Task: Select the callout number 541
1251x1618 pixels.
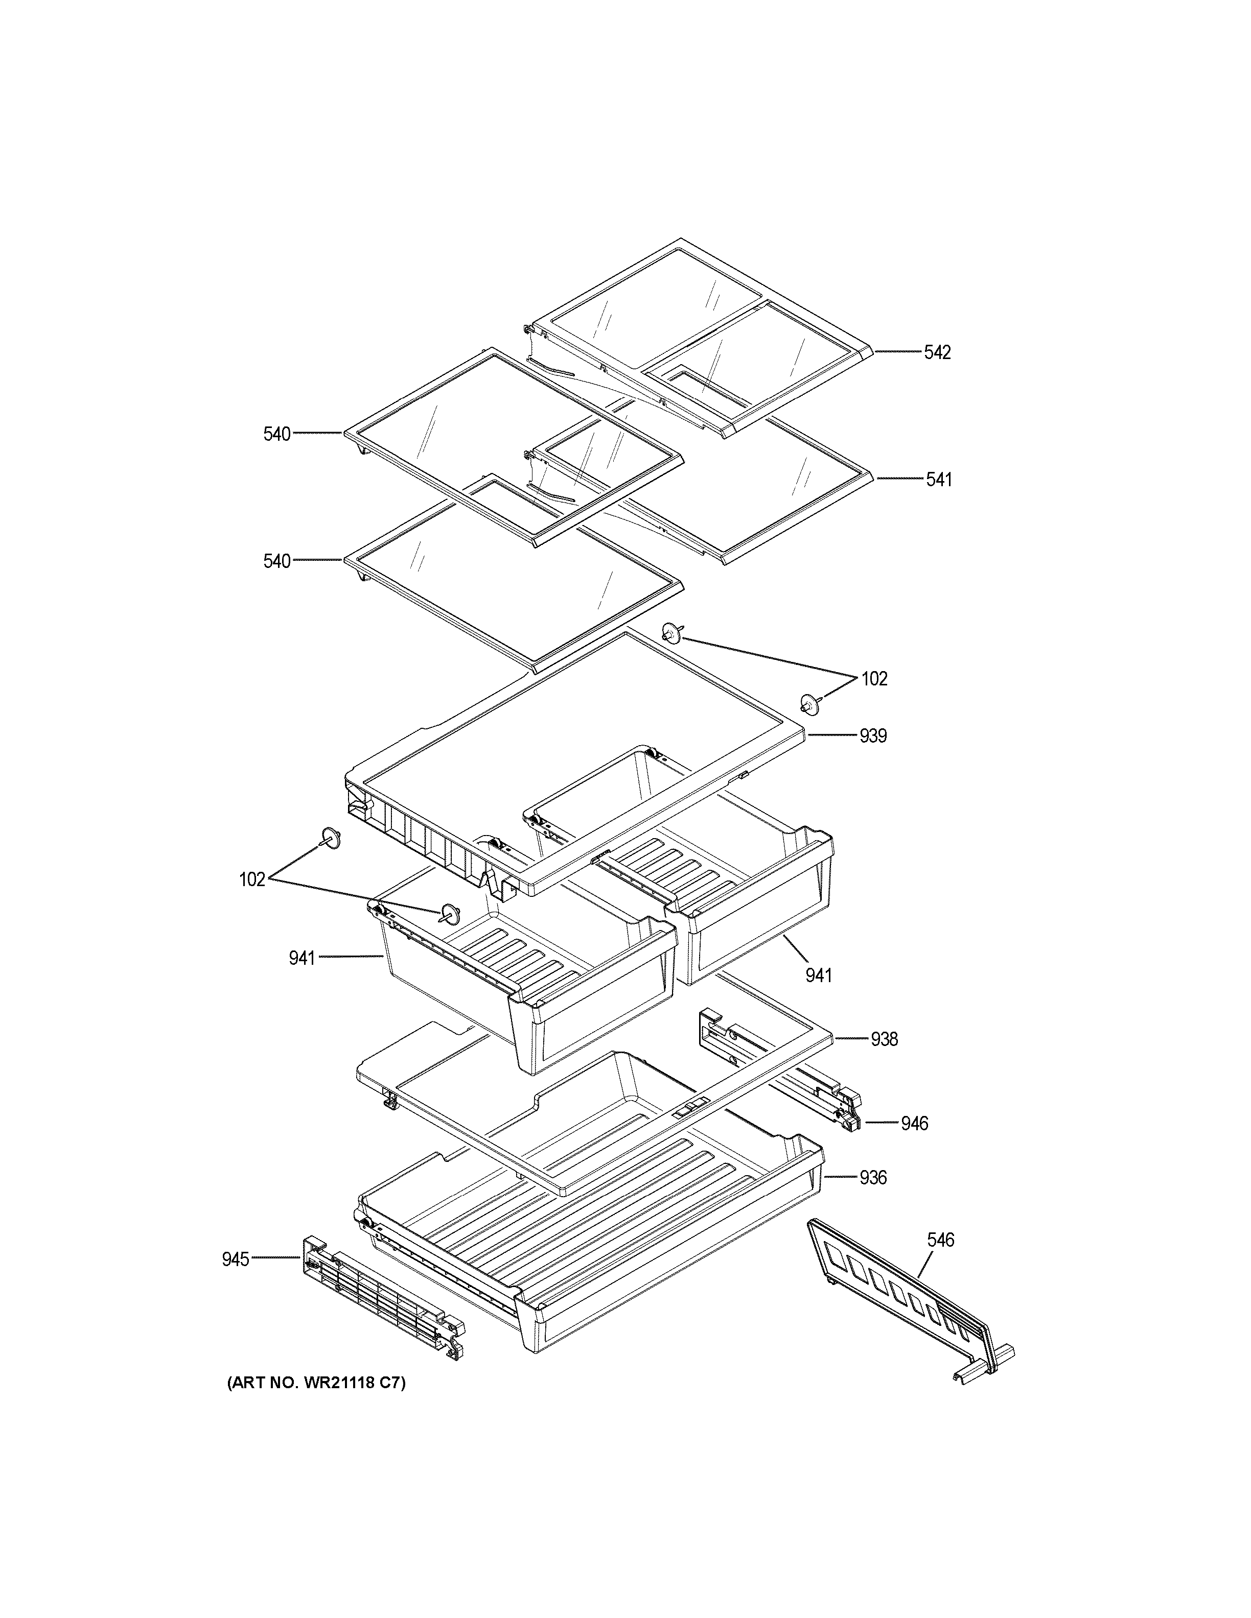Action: (x=938, y=480)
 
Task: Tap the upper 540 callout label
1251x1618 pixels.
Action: (x=277, y=434)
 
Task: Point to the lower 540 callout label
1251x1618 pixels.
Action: (x=277, y=562)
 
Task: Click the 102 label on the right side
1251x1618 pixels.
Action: (x=874, y=679)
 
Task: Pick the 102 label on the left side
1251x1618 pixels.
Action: (x=252, y=879)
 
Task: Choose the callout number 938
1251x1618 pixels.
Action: (x=884, y=1039)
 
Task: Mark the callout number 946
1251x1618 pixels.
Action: (x=915, y=1124)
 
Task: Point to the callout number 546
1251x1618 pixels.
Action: (x=940, y=1240)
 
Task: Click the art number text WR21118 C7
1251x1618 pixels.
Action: (x=316, y=1383)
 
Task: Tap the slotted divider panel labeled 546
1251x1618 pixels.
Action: (x=900, y=1290)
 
